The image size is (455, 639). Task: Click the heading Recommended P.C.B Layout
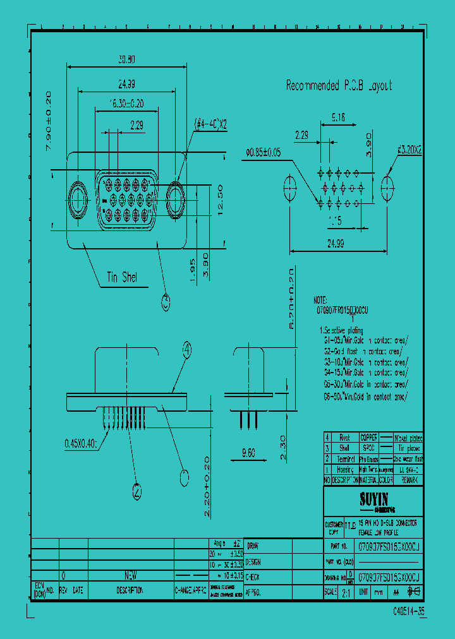[339, 85]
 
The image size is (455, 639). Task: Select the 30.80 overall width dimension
[127, 59]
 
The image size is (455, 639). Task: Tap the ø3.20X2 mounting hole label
[409, 150]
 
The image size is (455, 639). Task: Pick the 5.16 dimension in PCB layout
[337, 117]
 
